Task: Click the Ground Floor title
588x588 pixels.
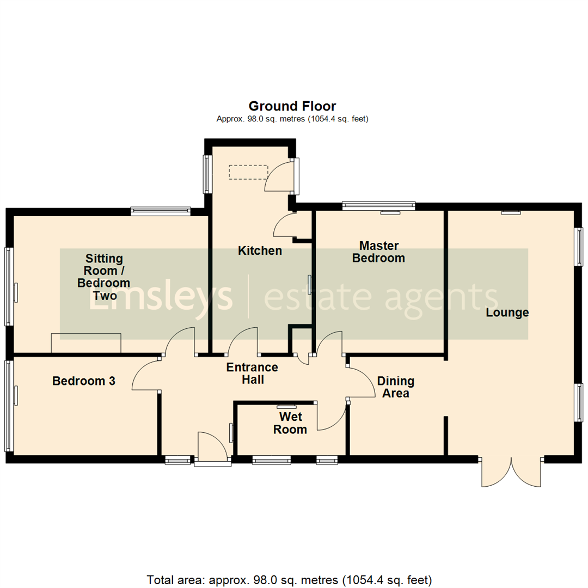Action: (x=292, y=106)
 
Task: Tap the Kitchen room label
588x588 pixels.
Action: (x=260, y=251)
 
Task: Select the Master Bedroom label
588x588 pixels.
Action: (x=378, y=252)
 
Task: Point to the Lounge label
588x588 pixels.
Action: (x=507, y=313)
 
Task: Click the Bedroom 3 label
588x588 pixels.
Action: (x=84, y=381)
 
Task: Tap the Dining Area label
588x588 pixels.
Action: (x=396, y=387)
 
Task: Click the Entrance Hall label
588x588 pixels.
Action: (x=252, y=373)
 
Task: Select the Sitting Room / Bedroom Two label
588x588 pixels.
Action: (x=103, y=277)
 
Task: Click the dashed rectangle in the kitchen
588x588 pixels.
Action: (x=248, y=172)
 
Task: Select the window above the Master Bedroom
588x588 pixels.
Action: (x=379, y=206)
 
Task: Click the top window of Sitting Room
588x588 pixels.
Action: (x=161, y=211)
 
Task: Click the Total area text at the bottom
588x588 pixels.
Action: (x=290, y=579)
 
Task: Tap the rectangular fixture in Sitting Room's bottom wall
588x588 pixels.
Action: (x=86, y=344)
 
